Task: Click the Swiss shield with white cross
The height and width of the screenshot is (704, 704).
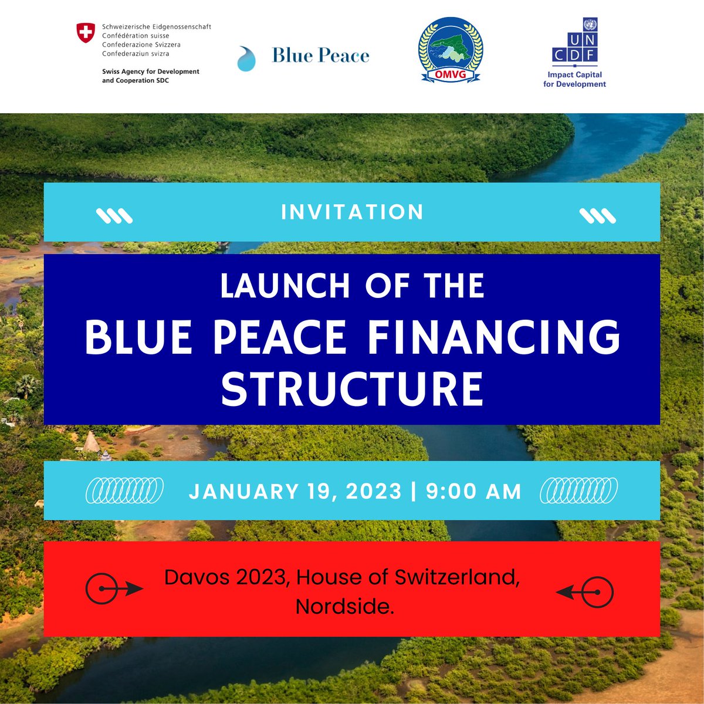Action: [x=86, y=33]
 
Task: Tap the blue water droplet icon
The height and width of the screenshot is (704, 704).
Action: [x=246, y=59]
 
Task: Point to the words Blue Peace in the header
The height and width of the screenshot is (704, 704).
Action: [x=320, y=56]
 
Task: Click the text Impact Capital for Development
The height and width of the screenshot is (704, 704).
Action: [x=574, y=79]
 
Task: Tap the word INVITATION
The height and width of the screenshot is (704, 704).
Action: [x=352, y=212]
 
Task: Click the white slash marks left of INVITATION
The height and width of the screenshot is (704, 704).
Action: [x=114, y=216]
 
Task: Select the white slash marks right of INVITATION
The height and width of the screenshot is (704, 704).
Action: [x=598, y=216]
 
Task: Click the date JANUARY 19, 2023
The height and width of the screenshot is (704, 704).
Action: [x=295, y=491]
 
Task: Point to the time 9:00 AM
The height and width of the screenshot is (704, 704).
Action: [x=474, y=491]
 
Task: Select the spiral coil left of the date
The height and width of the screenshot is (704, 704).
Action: [x=125, y=490]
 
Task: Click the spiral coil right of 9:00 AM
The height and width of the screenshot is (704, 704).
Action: [x=578, y=490]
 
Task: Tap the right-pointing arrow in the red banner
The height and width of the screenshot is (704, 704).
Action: [x=114, y=588]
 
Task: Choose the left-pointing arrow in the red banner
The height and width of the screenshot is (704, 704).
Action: [x=585, y=593]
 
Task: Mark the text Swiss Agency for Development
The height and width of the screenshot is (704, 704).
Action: [x=151, y=72]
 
